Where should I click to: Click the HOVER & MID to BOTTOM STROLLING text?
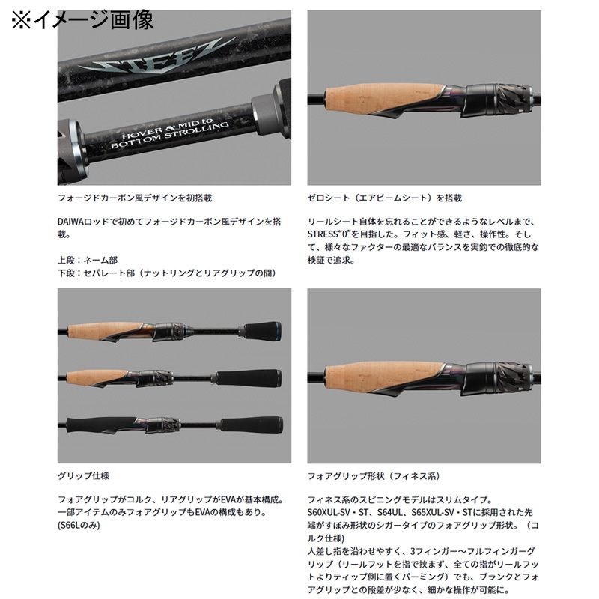pyautogui.click(x=170, y=133)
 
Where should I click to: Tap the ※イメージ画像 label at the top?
pyautogui.click(x=83, y=20)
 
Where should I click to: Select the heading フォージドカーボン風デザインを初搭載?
pyautogui.click(x=135, y=198)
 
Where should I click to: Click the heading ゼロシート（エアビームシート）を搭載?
pyautogui.click(x=385, y=198)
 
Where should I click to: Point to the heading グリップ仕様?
pyautogui.click(x=83, y=476)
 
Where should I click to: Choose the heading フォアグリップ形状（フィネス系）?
pyautogui.click(x=374, y=476)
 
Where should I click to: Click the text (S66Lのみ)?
pyautogui.click(x=79, y=526)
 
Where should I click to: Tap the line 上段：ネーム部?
pyautogui.click(x=88, y=260)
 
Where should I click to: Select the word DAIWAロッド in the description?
pyautogui.click(x=83, y=222)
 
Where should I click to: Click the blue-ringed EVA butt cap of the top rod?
pyautogui.click(x=263, y=331)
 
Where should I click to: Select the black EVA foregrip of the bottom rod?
pyautogui.click(x=101, y=425)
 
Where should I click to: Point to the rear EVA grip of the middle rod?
pyautogui.click(x=249, y=378)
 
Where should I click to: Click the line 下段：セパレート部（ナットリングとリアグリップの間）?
pyautogui.click(x=166, y=273)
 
